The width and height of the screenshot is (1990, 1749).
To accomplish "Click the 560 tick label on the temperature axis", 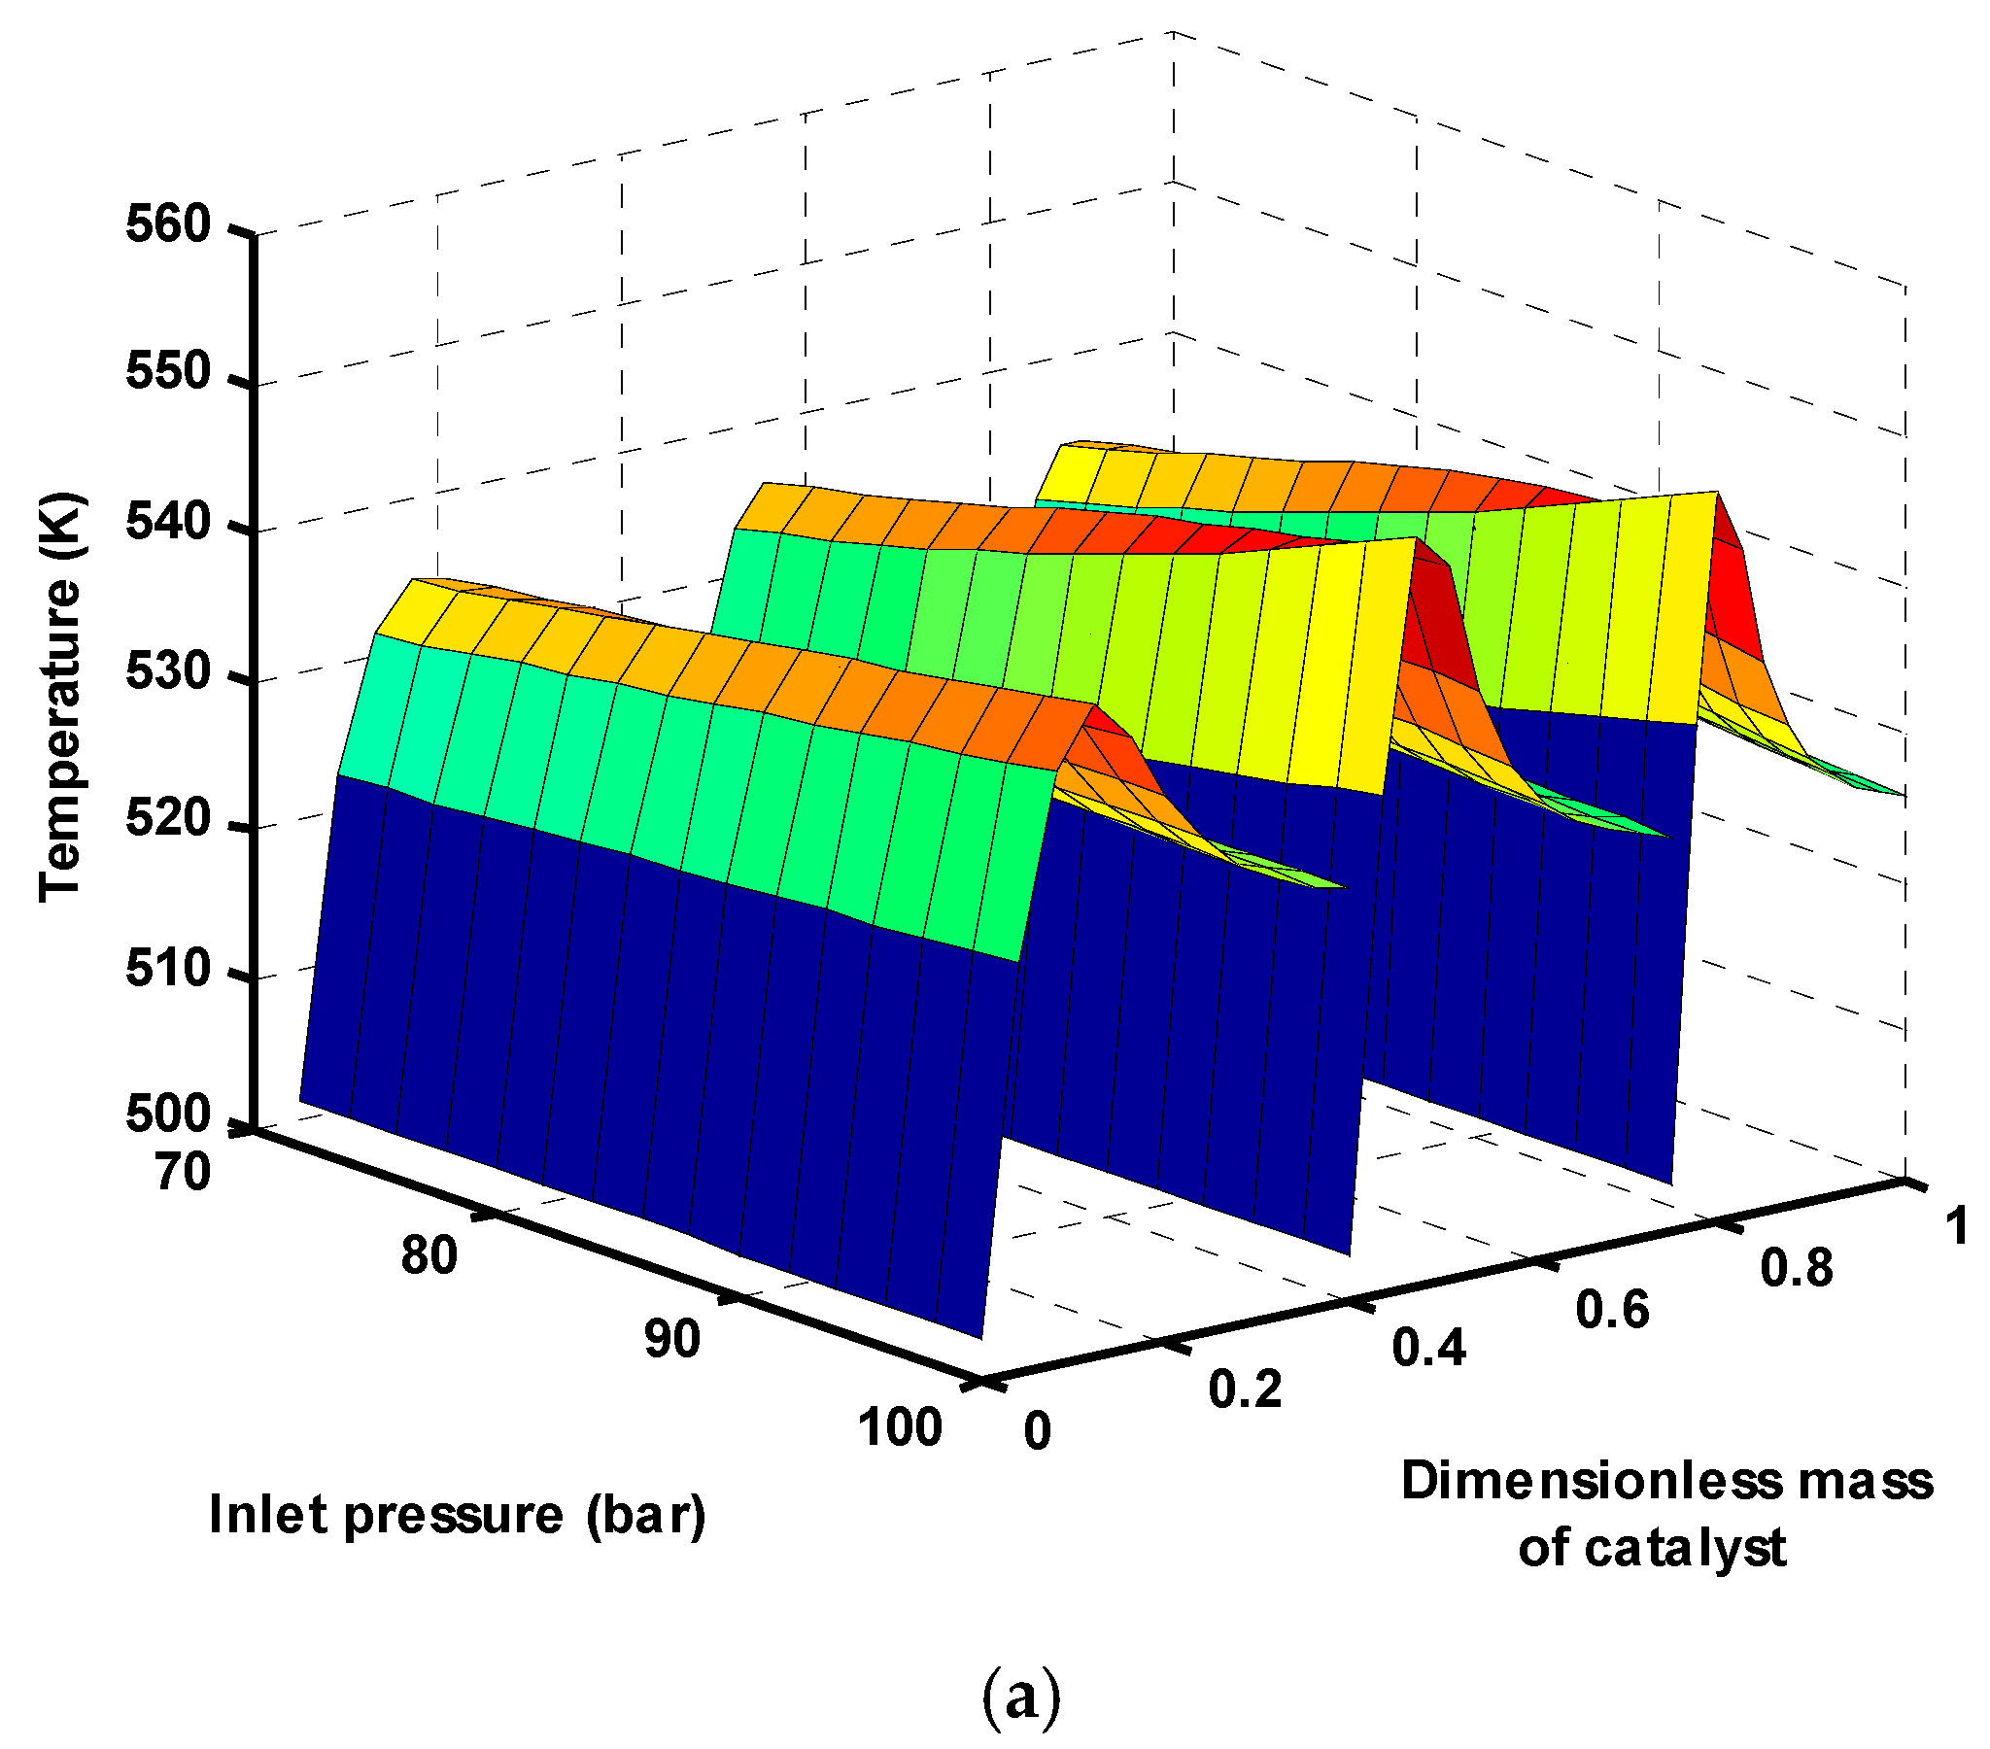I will (x=168, y=225).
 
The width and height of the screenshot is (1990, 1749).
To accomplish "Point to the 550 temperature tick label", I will (x=168, y=372).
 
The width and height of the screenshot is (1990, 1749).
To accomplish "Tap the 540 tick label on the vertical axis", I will (x=168, y=523).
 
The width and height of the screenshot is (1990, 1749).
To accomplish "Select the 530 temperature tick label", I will (x=168, y=672).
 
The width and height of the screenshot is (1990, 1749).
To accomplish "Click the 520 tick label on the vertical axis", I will (x=168, y=819).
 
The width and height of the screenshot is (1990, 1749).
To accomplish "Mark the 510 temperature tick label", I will (x=168, y=969).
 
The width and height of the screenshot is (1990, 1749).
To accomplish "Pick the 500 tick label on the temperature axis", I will (x=168, y=1115).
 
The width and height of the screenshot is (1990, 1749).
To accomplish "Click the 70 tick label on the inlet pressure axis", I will (x=183, y=1174).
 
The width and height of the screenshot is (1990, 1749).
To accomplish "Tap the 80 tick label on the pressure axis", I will (x=429, y=1256).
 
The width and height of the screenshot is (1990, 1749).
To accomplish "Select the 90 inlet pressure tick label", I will (x=671, y=1340).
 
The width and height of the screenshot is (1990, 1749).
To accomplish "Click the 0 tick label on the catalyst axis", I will (x=1038, y=1432).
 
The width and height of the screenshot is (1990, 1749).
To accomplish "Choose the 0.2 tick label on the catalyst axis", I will (x=1246, y=1389).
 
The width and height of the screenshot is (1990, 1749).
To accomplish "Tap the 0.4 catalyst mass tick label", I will (x=1428, y=1349).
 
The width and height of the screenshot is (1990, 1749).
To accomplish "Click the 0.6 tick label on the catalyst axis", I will (x=1612, y=1310).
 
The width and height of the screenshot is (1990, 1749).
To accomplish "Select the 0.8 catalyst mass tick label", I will (x=1797, y=1269).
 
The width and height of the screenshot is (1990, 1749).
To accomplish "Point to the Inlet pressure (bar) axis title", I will (x=458, y=1516).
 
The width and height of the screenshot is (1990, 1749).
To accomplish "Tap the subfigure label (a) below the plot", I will (x=1019, y=1698).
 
